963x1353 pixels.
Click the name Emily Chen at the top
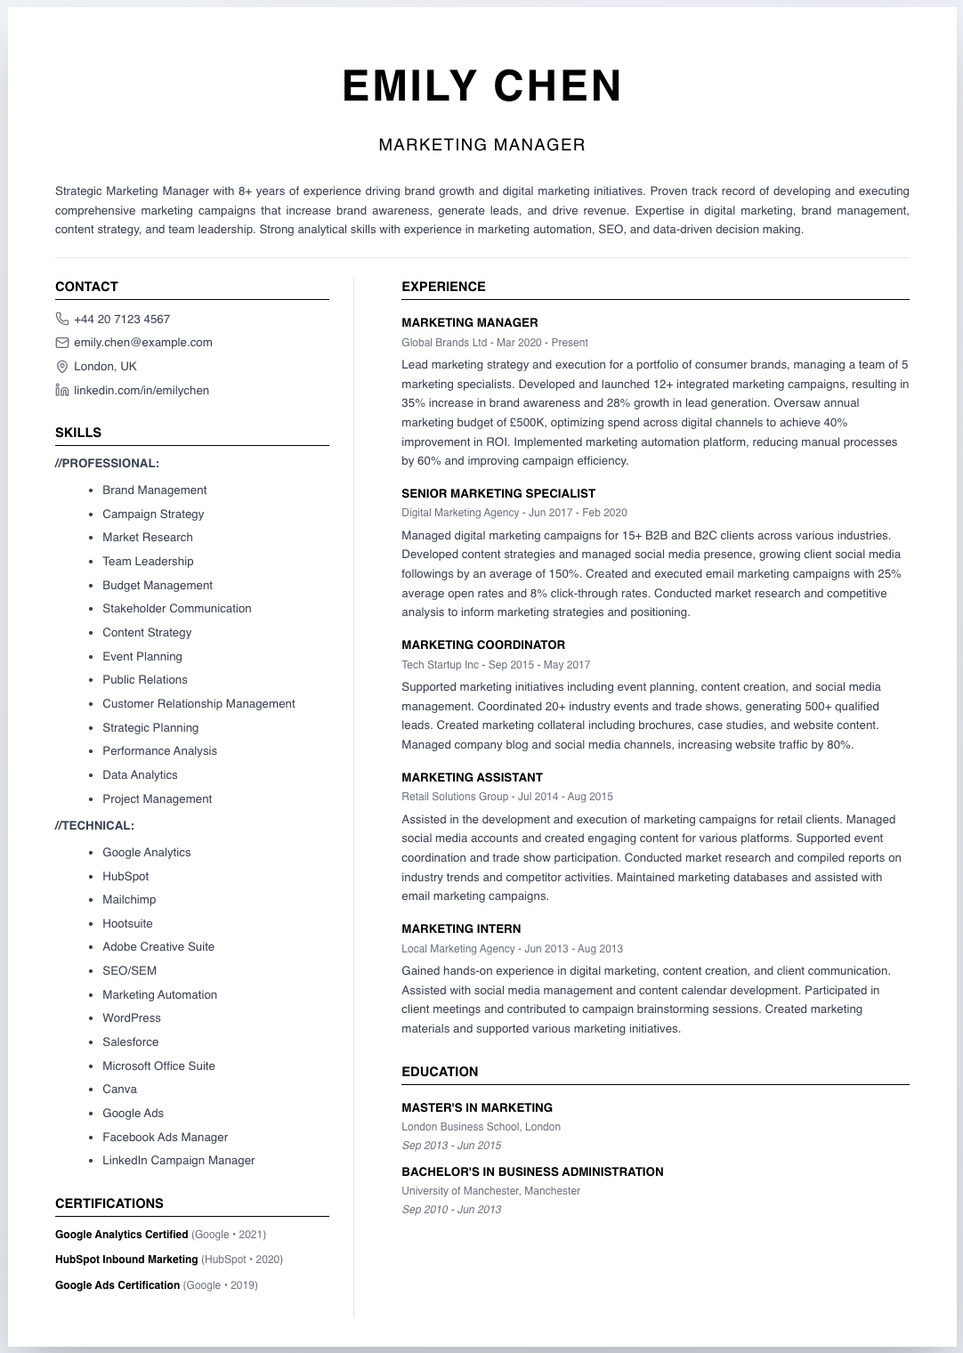tap(481, 86)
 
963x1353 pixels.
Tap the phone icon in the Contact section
tap(62, 319)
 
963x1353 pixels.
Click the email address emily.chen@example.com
tap(142, 343)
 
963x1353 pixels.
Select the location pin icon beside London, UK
tap(62, 367)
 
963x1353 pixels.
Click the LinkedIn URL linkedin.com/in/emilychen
tap(141, 391)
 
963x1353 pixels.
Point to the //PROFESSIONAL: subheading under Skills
tap(107, 464)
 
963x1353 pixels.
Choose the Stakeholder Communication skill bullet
tap(176, 609)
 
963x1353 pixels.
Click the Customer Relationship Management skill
tap(198, 704)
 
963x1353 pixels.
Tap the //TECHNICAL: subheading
tap(94, 826)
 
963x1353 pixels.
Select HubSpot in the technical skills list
tap(125, 877)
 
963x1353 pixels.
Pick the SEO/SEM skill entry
tap(129, 971)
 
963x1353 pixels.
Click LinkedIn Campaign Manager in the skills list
tap(178, 1161)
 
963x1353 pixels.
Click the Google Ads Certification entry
tap(117, 1285)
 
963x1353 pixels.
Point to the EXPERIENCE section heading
tap(443, 287)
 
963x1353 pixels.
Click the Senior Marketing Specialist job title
tap(498, 493)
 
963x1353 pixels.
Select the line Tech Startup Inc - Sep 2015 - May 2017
tap(496, 665)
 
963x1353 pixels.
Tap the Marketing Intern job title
tap(461, 928)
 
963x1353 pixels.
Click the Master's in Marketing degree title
tap(477, 1108)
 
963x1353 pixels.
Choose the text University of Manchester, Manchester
tap(490, 1191)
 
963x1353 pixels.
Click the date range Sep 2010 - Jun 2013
tap(451, 1210)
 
